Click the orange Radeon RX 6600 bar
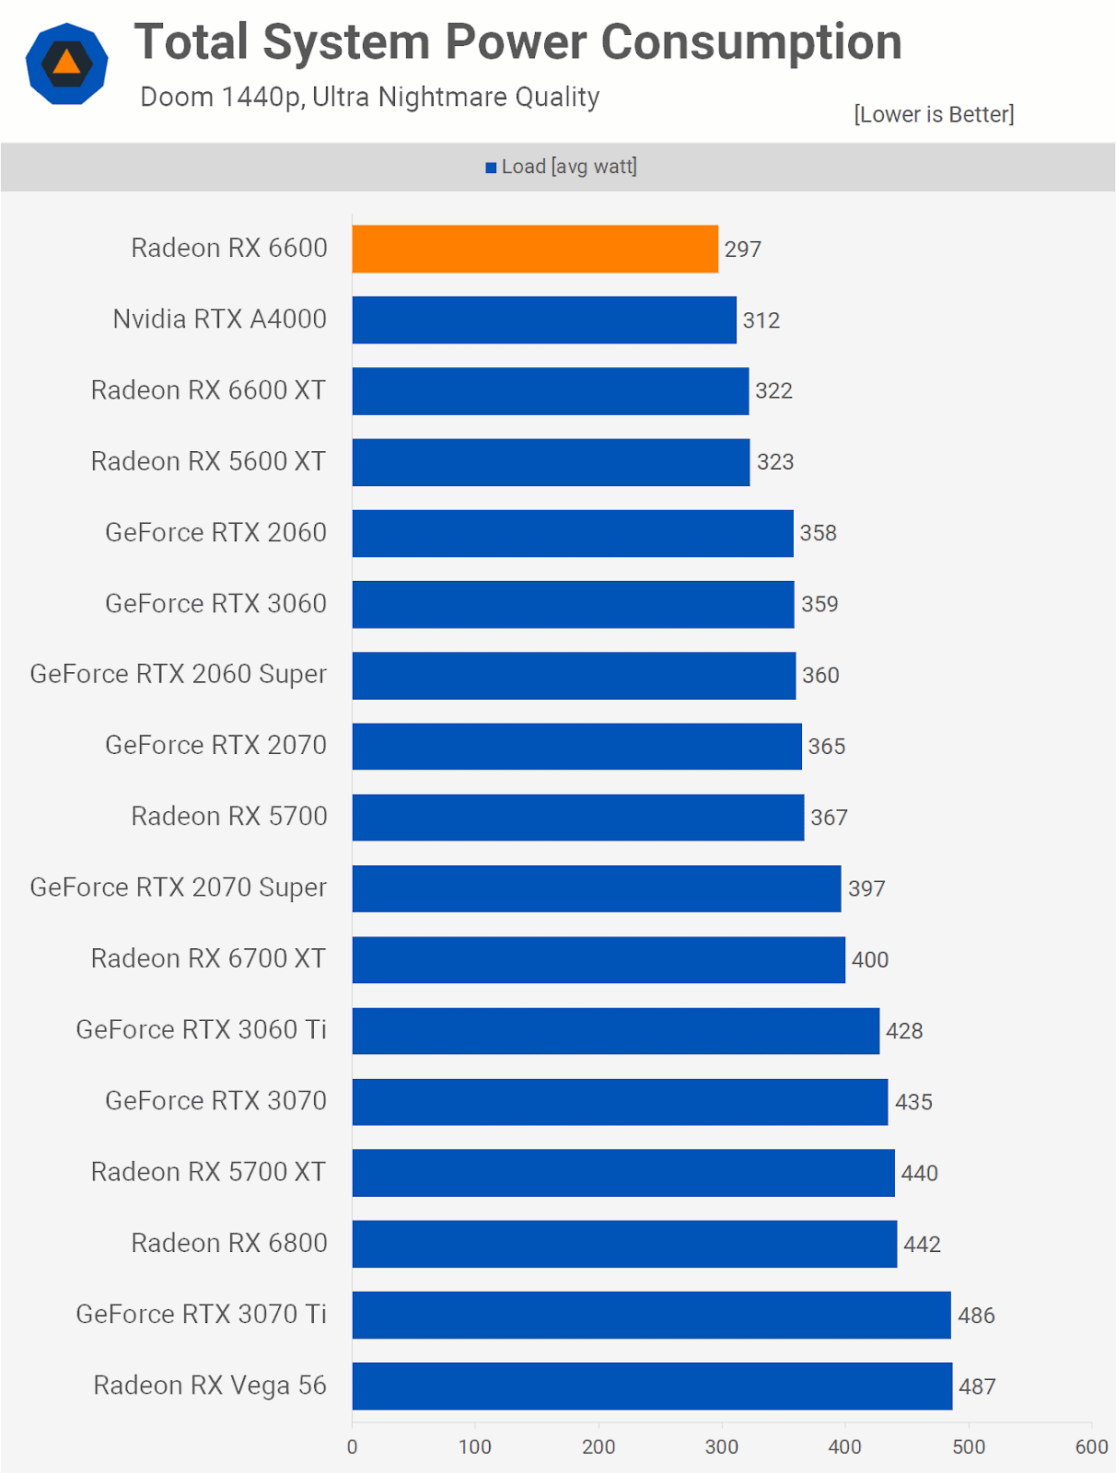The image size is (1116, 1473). pyautogui.click(x=534, y=249)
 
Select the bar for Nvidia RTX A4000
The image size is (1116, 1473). pyautogui.click(x=543, y=319)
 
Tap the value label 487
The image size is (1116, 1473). pyautogui.click(x=977, y=1386)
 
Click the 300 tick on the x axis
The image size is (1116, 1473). pyautogui.click(x=722, y=1446)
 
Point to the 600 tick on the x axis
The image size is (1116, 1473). pyautogui.click(x=1091, y=1446)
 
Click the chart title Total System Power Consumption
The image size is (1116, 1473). pyautogui.click(x=517, y=42)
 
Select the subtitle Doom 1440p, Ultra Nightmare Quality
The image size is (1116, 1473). pyautogui.click(x=369, y=97)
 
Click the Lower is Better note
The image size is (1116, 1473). pyautogui.click(x=934, y=114)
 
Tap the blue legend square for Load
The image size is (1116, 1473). pyautogui.click(x=491, y=168)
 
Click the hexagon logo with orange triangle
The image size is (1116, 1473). pyautogui.click(x=66, y=64)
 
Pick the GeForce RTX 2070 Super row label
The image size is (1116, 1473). pyautogui.click(x=179, y=887)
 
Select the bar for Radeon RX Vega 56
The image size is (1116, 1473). pyautogui.click(x=651, y=1386)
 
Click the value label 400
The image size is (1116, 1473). pyautogui.click(x=869, y=960)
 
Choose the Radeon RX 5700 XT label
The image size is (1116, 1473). pyautogui.click(x=208, y=1172)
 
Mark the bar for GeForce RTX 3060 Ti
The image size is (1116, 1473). pyautogui.click(x=615, y=1030)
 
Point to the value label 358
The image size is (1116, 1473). pyautogui.click(x=818, y=533)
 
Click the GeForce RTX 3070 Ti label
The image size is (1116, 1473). pyautogui.click(x=201, y=1314)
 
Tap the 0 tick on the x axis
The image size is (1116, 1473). pyautogui.click(x=352, y=1446)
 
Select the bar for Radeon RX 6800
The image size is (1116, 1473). pyautogui.click(x=623, y=1244)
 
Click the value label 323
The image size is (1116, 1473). pyautogui.click(x=774, y=462)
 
